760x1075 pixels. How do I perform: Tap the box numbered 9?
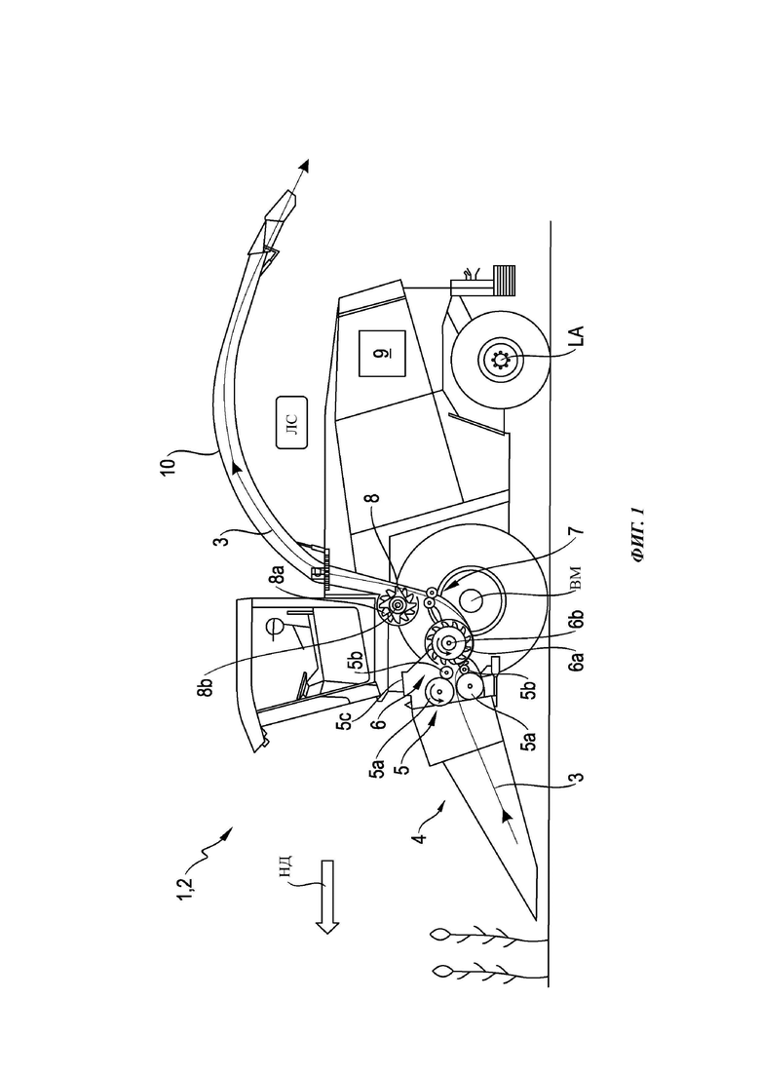tap(380, 353)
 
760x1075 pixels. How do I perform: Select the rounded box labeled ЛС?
tap(291, 422)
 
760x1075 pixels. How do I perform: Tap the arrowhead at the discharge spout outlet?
tap(304, 166)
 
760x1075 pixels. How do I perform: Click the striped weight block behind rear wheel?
tap(504, 280)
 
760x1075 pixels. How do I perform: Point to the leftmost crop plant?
tap(490, 970)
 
